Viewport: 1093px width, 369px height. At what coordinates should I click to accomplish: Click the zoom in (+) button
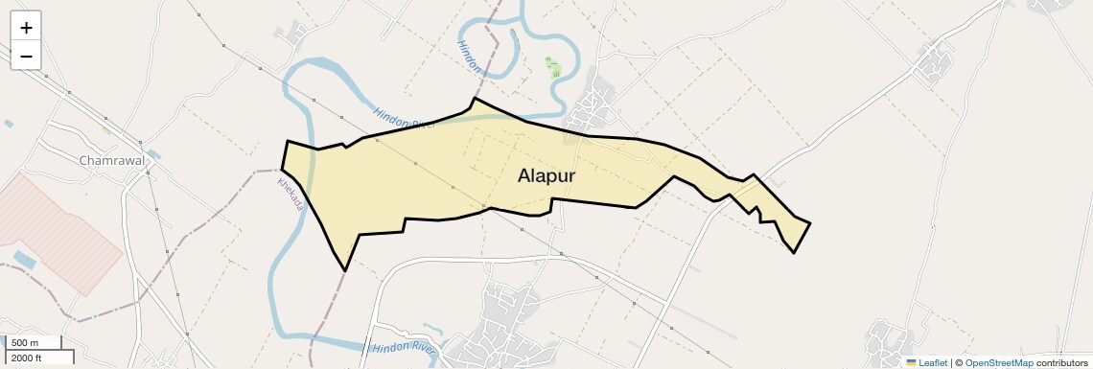[x=26, y=27]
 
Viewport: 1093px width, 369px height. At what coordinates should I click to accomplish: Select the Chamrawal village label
[x=112, y=161]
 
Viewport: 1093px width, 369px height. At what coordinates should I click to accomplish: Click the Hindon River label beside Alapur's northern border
[x=405, y=120]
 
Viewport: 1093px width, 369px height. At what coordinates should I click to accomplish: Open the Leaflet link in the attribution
[x=932, y=362]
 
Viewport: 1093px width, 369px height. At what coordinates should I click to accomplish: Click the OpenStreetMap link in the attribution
[x=998, y=362]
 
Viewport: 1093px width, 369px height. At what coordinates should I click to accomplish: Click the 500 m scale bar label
[x=26, y=343]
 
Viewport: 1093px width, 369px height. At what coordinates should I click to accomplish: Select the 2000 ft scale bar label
[x=27, y=358]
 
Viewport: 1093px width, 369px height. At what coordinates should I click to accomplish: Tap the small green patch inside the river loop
[x=553, y=67]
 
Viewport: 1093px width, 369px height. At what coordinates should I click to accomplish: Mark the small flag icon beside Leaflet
[x=911, y=362]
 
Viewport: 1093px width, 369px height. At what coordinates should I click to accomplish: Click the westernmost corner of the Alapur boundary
[x=282, y=171]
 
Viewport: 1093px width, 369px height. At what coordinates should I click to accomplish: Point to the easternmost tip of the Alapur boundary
[x=810, y=223]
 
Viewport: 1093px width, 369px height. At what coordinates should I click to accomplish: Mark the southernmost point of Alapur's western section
[x=344, y=271]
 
